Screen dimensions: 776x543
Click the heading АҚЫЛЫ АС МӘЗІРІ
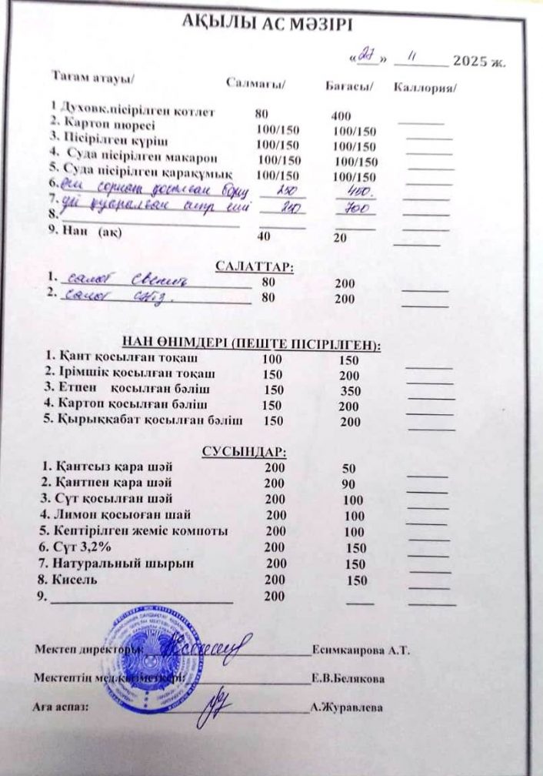pyautogui.click(x=267, y=24)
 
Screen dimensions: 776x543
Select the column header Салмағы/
pyautogui.click(x=256, y=82)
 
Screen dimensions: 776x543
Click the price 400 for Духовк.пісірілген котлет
pyautogui.click(x=341, y=115)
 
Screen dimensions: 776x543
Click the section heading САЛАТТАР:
pyautogui.click(x=255, y=266)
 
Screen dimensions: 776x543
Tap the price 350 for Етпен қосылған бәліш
pyautogui.click(x=350, y=390)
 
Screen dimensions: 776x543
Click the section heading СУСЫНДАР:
pyautogui.click(x=244, y=450)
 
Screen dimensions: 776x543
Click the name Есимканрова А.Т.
pyautogui.click(x=361, y=651)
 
